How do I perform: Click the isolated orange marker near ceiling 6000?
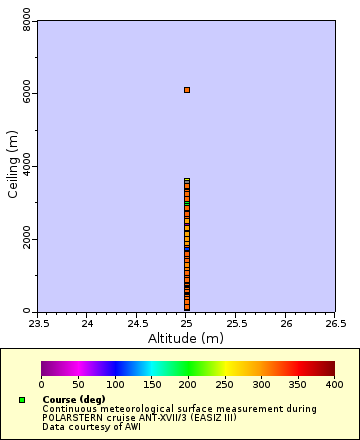187,90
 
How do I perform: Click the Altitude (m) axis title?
186,338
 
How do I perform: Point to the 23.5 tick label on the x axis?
38,323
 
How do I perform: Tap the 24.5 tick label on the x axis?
137,323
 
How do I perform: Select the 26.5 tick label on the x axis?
335,323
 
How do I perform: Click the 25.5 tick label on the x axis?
236,323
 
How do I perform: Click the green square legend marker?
22,400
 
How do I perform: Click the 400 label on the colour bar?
334,384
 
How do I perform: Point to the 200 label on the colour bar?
188,384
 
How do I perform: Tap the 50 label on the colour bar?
78,384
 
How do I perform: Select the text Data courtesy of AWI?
91,426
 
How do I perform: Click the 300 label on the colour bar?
261,384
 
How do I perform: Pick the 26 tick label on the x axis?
286,323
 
